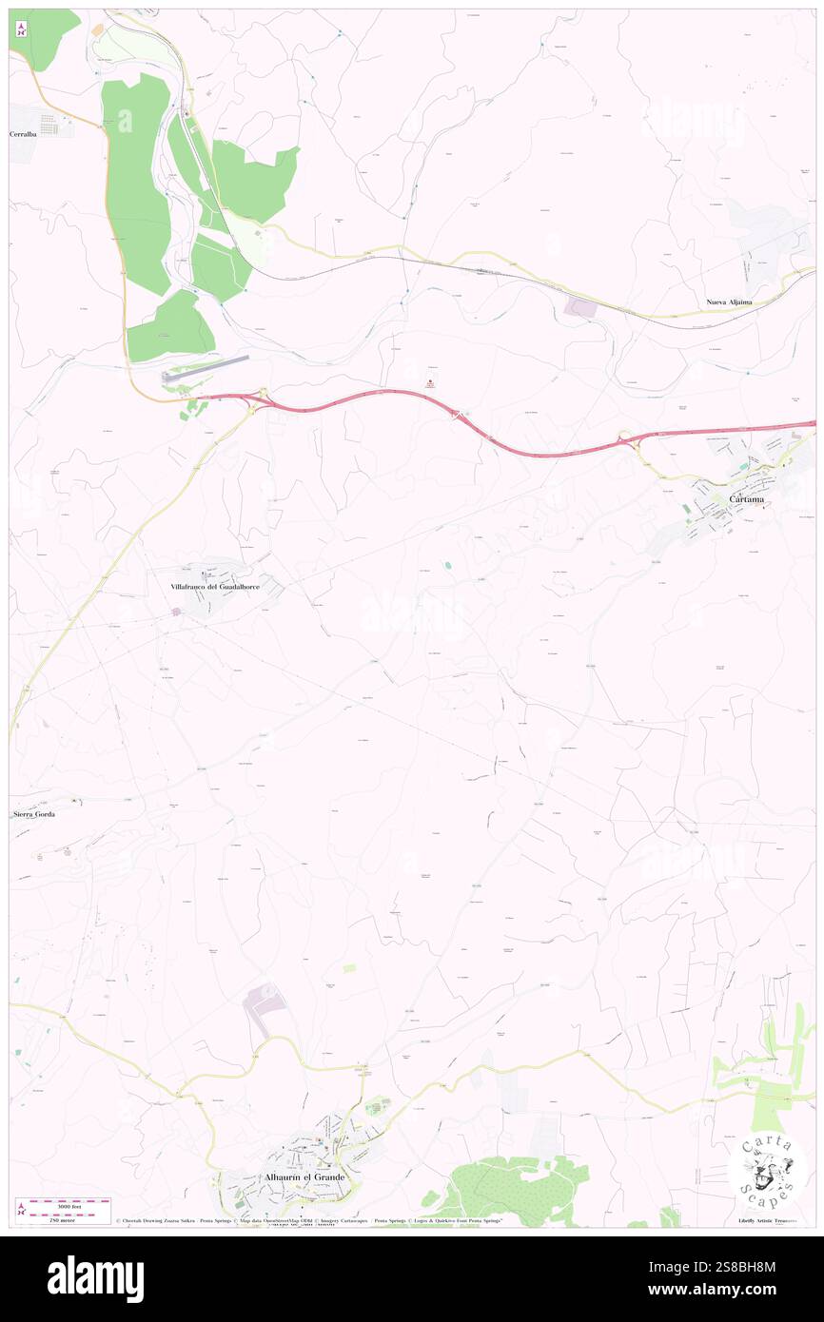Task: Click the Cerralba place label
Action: [29, 134]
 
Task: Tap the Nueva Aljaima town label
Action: [729, 301]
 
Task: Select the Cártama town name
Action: [747, 498]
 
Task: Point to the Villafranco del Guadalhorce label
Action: [215, 587]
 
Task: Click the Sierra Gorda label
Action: [34, 815]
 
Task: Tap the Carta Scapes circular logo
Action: [768, 1170]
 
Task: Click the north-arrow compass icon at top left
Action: [21, 29]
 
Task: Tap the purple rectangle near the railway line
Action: [580, 307]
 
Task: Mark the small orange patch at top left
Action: [97, 30]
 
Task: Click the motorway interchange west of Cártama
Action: [626, 440]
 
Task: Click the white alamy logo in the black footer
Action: [95, 1279]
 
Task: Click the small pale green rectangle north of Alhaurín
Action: [349, 967]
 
